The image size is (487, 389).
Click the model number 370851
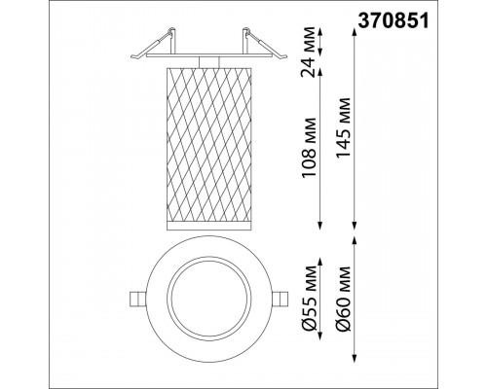coord(393,21)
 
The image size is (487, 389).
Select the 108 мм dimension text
coord(309,148)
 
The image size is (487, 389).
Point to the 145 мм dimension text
coord(344,127)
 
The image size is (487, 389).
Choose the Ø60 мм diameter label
coord(344,299)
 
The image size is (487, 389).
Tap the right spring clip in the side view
coord(265,44)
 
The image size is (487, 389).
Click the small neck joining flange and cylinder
coord(209,62)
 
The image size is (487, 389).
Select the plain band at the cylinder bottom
coord(209,227)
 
